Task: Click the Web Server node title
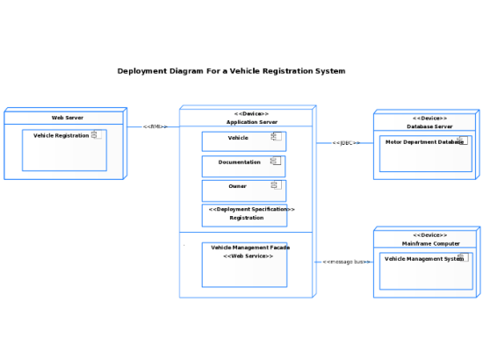pyautogui.click(x=68, y=118)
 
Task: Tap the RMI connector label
pyautogui.click(x=154, y=126)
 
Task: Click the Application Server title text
pyautogui.click(x=250, y=120)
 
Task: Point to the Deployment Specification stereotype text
pyautogui.click(x=251, y=209)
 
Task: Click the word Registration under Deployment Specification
pyautogui.click(x=247, y=218)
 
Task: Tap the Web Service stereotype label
pyautogui.click(x=248, y=256)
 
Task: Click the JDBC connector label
pyautogui.click(x=343, y=142)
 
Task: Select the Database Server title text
pyautogui.click(x=429, y=126)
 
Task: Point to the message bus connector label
pyautogui.click(x=343, y=262)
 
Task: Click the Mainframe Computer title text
pyautogui.click(x=430, y=243)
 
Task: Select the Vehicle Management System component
pyautogui.click(x=425, y=271)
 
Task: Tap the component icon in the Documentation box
pyautogui.click(x=275, y=162)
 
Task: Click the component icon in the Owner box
pyautogui.click(x=275, y=185)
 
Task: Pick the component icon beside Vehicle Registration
pyautogui.click(x=97, y=135)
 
